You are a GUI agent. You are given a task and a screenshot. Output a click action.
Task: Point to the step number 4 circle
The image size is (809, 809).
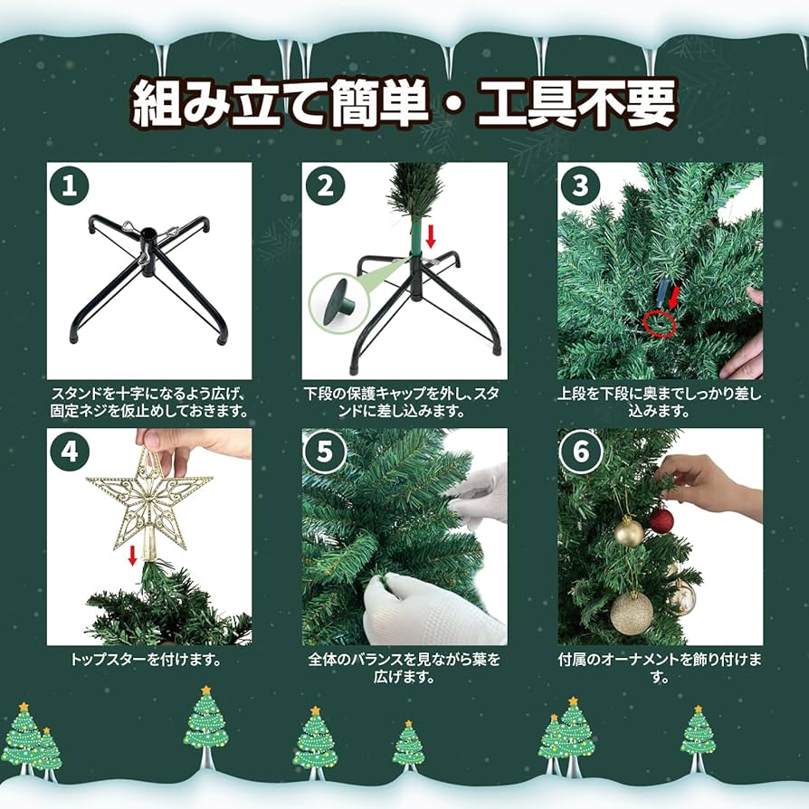click(x=70, y=451)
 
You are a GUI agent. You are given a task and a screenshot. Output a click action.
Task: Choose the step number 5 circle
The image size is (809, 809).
click(x=325, y=451)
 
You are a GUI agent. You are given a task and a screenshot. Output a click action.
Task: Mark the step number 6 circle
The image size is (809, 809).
click(x=580, y=451)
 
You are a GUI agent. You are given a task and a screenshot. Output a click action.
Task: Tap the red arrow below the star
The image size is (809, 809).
click(x=132, y=554)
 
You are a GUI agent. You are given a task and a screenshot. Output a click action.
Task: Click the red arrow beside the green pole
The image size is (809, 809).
click(x=432, y=236)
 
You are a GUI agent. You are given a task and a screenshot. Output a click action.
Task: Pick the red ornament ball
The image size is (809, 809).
click(x=661, y=520)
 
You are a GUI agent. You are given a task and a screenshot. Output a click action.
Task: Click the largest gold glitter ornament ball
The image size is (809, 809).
click(x=632, y=613)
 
